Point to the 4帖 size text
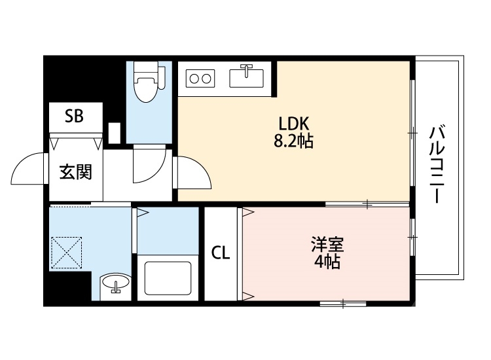point(326,263)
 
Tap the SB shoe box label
point(73,117)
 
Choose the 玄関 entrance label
point(75,173)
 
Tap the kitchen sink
point(247,77)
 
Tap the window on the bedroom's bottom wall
point(342,303)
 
